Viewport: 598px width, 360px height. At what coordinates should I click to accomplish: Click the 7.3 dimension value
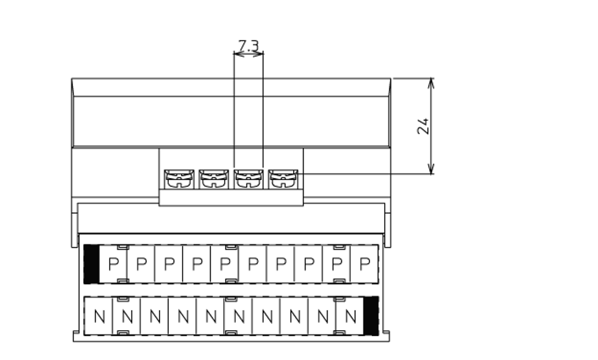(x=249, y=45)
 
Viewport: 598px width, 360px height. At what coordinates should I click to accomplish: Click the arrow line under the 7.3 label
(x=249, y=54)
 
